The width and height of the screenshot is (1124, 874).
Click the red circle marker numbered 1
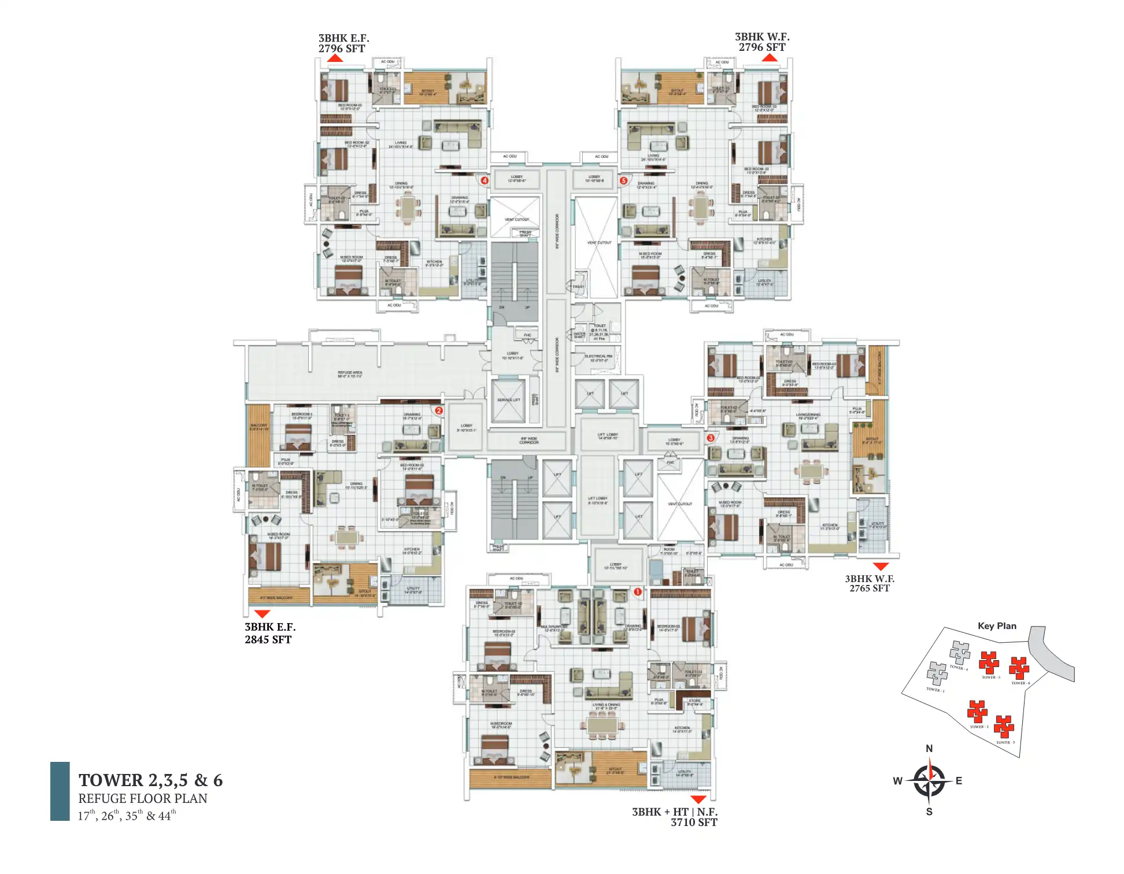[x=638, y=592]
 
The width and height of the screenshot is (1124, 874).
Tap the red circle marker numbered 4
[x=485, y=180]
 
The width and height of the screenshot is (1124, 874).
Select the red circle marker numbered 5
[x=623, y=180]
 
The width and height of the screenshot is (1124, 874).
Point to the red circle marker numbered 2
[x=439, y=410]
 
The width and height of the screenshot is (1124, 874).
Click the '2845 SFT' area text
[x=268, y=639]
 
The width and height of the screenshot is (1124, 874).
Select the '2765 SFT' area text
[x=869, y=588]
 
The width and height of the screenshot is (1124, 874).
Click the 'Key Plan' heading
[x=997, y=626]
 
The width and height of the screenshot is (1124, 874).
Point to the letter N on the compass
[x=929, y=749]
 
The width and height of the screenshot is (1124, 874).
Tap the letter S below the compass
[x=929, y=812]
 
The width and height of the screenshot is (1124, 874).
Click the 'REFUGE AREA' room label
[x=350, y=373]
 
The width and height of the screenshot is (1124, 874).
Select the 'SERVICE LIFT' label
[x=509, y=400]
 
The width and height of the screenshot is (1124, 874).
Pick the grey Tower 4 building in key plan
[x=960, y=652]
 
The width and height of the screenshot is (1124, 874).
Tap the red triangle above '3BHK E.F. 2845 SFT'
[x=262, y=614]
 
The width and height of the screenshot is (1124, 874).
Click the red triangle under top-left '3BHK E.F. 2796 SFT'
[x=335, y=58]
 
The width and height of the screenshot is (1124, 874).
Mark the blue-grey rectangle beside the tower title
[x=60, y=791]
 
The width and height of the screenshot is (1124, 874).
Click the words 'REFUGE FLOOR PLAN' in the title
[x=143, y=798]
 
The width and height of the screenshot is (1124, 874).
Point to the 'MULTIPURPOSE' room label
[x=553, y=627]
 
